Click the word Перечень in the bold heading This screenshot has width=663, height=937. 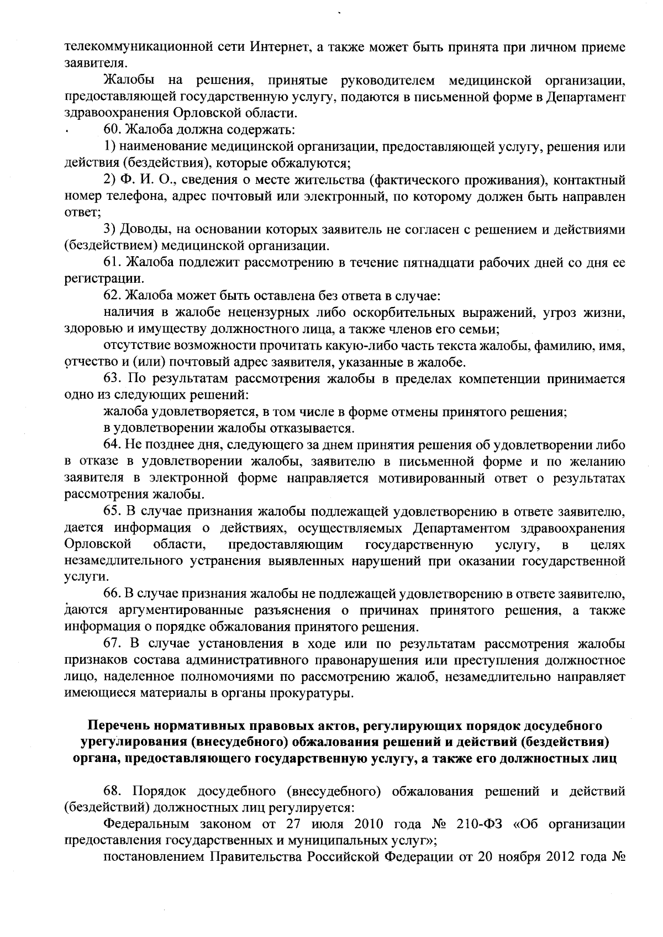(x=117, y=725)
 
